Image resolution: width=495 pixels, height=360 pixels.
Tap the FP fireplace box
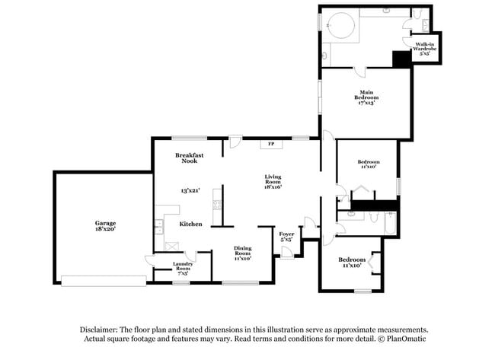coord(271,143)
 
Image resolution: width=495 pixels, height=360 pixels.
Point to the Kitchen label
coord(190,225)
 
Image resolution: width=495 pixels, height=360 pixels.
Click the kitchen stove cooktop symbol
coord(217,203)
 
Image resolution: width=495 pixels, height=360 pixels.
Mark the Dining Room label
coord(242,252)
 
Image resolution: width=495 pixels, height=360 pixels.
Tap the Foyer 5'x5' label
coord(286,237)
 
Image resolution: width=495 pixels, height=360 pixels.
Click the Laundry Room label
coord(183,266)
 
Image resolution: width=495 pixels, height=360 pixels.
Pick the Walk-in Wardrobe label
coord(425,49)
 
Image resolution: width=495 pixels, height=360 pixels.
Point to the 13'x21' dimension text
coord(190,190)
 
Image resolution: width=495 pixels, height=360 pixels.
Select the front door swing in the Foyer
coord(286,252)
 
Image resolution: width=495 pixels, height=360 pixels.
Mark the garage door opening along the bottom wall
coord(103,281)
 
